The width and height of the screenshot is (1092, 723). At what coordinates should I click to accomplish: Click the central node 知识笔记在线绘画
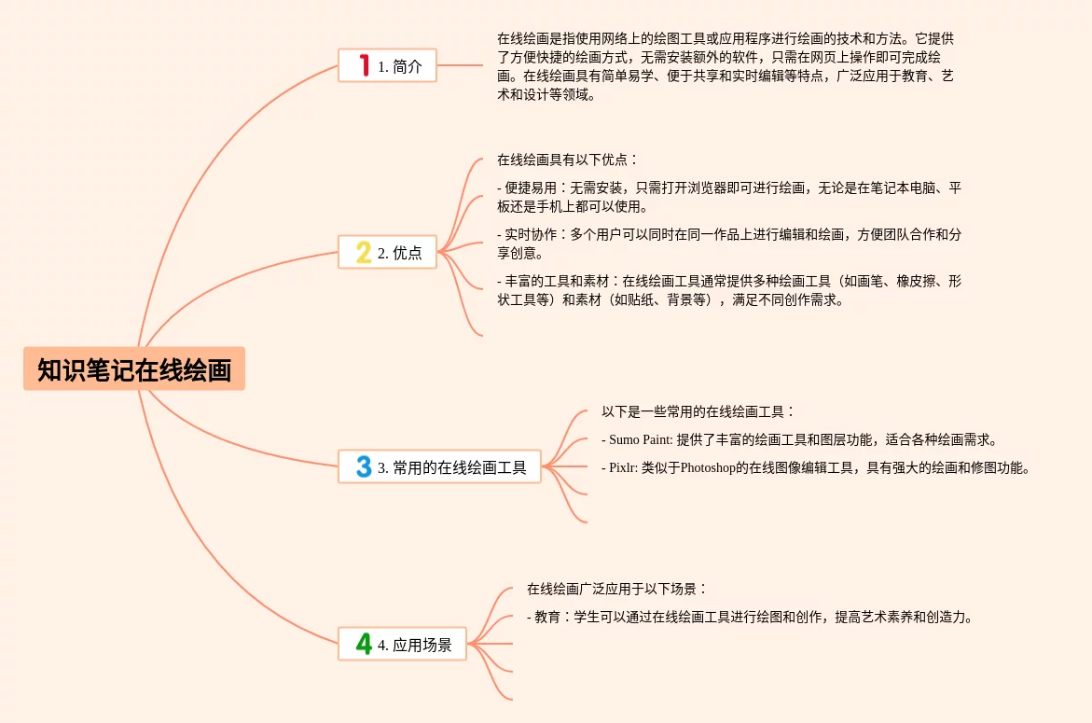point(134,369)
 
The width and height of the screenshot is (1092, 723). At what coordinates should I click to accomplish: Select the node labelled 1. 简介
point(387,66)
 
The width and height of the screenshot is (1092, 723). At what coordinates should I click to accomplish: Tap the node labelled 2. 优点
point(387,252)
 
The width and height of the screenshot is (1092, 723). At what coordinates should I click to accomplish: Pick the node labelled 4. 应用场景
point(402,644)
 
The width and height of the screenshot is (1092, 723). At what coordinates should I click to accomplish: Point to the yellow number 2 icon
point(364,252)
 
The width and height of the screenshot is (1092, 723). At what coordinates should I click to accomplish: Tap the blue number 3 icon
point(364,466)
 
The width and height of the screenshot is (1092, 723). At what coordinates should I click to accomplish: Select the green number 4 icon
point(364,644)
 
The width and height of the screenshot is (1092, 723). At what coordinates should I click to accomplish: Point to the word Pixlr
point(622,467)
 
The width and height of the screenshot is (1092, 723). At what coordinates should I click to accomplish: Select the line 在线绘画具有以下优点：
point(567,160)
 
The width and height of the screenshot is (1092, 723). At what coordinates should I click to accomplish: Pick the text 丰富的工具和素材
point(557,281)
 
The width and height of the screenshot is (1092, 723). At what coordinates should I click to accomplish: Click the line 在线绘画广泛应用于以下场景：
point(616,589)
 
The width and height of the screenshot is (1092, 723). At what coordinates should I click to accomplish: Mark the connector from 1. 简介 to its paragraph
point(460,65)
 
